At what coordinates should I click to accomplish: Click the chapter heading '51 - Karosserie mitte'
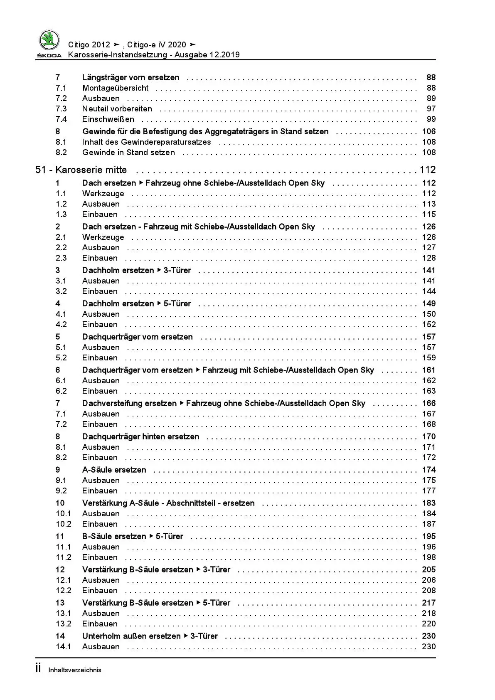tap(81, 170)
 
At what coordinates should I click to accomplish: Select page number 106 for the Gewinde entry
tap(429, 131)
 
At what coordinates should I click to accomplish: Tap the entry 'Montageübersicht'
tap(115, 88)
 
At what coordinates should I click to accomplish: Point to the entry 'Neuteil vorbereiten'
tap(117, 108)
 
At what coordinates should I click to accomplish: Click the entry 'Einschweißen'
tap(108, 119)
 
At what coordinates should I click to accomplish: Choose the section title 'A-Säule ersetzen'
tap(114, 470)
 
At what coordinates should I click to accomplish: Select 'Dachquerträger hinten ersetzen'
tap(140, 436)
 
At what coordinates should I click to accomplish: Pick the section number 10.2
tap(64, 524)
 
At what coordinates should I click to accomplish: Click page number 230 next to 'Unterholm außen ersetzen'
tap(429, 636)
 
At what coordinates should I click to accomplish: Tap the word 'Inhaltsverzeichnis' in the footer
tap(75, 670)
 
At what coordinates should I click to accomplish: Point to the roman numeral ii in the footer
tap(38, 668)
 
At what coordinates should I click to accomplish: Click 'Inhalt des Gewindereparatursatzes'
tap(146, 142)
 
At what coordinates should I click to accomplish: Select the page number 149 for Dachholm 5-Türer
tap(429, 303)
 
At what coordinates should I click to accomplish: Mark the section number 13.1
tap(64, 613)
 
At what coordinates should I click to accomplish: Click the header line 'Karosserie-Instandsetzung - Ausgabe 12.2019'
tap(154, 54)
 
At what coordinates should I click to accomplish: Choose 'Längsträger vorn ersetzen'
tap(131, 77)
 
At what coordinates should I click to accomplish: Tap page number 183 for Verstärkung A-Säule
tap(429, 503)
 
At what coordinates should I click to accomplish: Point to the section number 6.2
tap(61, 391)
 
